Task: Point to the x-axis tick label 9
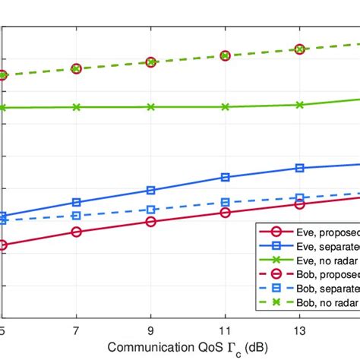(150, 331)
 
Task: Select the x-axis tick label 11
(225, 331)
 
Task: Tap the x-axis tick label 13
(299, 331)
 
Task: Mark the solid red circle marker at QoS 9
(150, 222)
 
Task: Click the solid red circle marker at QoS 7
(76, 232)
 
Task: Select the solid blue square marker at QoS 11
(225, 177)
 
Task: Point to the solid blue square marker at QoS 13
(299, 168)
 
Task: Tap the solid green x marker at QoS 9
(150, 107)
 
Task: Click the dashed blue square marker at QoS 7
(76, 216)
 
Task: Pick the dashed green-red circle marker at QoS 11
(225, 55)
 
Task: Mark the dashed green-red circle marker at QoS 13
(299, 49)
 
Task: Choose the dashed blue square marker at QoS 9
(150, 210)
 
